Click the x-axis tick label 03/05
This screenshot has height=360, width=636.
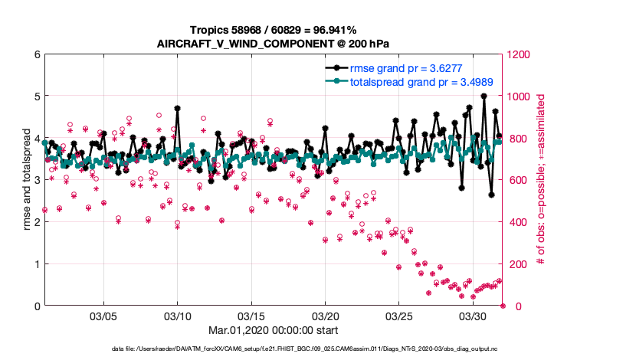click(103, 316)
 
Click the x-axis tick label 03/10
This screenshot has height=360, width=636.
click(178, 316)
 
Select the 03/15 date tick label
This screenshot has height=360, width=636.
click(251, 316)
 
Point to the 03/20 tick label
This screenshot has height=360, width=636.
click(325, 316)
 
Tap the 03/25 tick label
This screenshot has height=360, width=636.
click(398, 316)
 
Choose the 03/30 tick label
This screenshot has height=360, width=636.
click(473, 316)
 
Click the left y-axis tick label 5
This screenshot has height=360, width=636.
click(37, 97)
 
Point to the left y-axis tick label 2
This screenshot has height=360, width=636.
click(37, 222)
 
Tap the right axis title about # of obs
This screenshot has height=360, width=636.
click(541, 181)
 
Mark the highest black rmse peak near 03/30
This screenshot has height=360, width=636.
click(484, 96)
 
